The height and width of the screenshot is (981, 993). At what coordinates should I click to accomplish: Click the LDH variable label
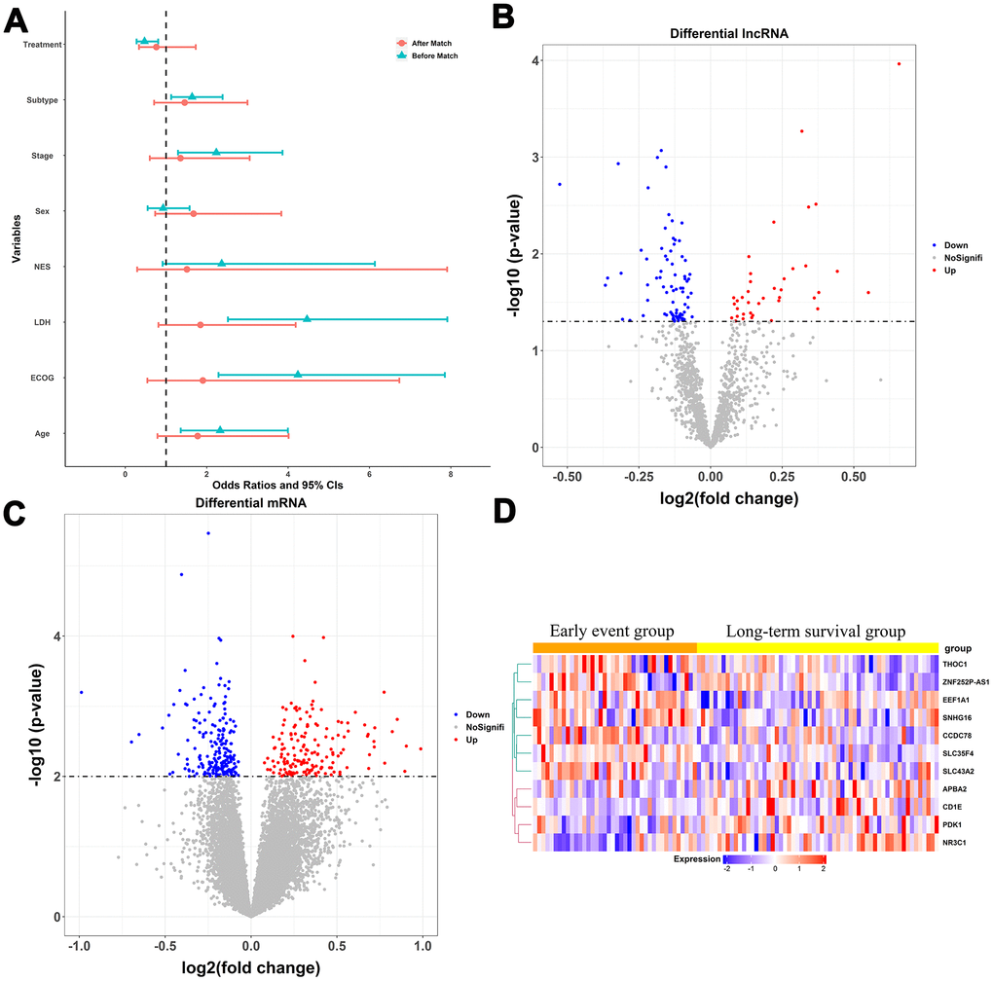[42, 322]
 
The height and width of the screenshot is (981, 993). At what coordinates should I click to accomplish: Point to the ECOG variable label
[42, 378]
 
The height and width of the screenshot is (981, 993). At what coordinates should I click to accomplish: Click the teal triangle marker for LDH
[307, 318]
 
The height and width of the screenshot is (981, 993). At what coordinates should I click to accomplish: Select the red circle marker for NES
[187, 269]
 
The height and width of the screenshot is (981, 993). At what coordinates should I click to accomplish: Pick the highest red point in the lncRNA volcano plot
[899, 64]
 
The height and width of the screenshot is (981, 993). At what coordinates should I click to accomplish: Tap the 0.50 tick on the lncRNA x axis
[853, 479]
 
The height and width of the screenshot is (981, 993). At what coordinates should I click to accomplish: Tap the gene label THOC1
[958, 664]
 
